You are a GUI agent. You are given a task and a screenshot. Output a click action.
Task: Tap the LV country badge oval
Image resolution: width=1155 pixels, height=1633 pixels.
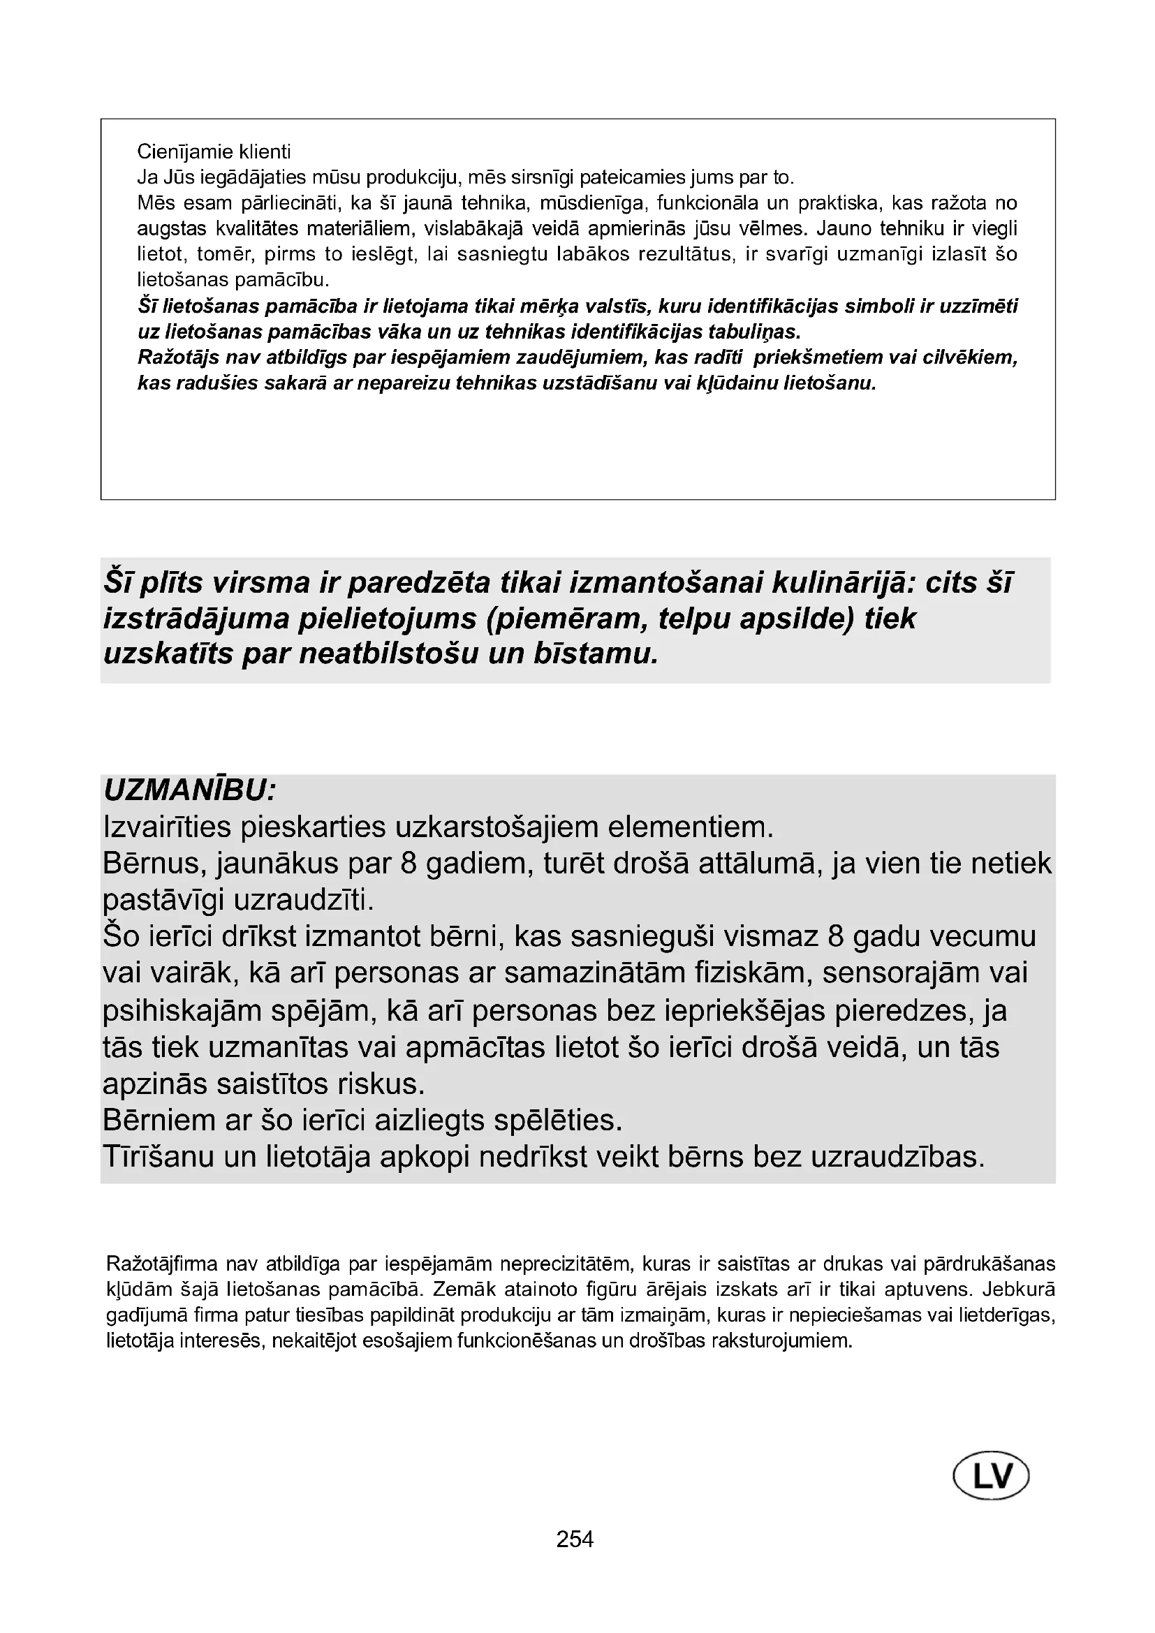(x=991, y=1477)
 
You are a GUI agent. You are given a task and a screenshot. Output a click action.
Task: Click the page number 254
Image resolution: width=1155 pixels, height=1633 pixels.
(x=575, y=1539)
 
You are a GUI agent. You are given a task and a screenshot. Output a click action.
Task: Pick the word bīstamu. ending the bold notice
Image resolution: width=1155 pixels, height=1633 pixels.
(x=595, y=653)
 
